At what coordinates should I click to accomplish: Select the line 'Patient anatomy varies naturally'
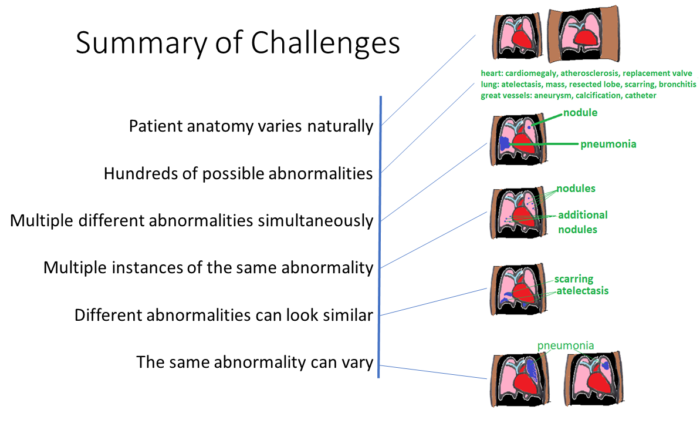(x=251, y=126)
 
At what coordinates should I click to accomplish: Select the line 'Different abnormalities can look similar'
(x=224, y=315)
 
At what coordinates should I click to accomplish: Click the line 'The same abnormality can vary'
(x=255, y=362)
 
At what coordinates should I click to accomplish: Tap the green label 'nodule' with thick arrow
(x=580, y=113)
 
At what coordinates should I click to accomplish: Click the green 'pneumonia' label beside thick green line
(x=608, y=144)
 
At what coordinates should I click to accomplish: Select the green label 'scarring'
(x=574, y=279)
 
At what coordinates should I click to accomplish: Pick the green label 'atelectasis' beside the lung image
(x=582, y=291)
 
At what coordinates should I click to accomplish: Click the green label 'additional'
(x=582, y=215)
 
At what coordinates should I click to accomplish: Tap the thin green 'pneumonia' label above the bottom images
(x=565, y=346)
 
